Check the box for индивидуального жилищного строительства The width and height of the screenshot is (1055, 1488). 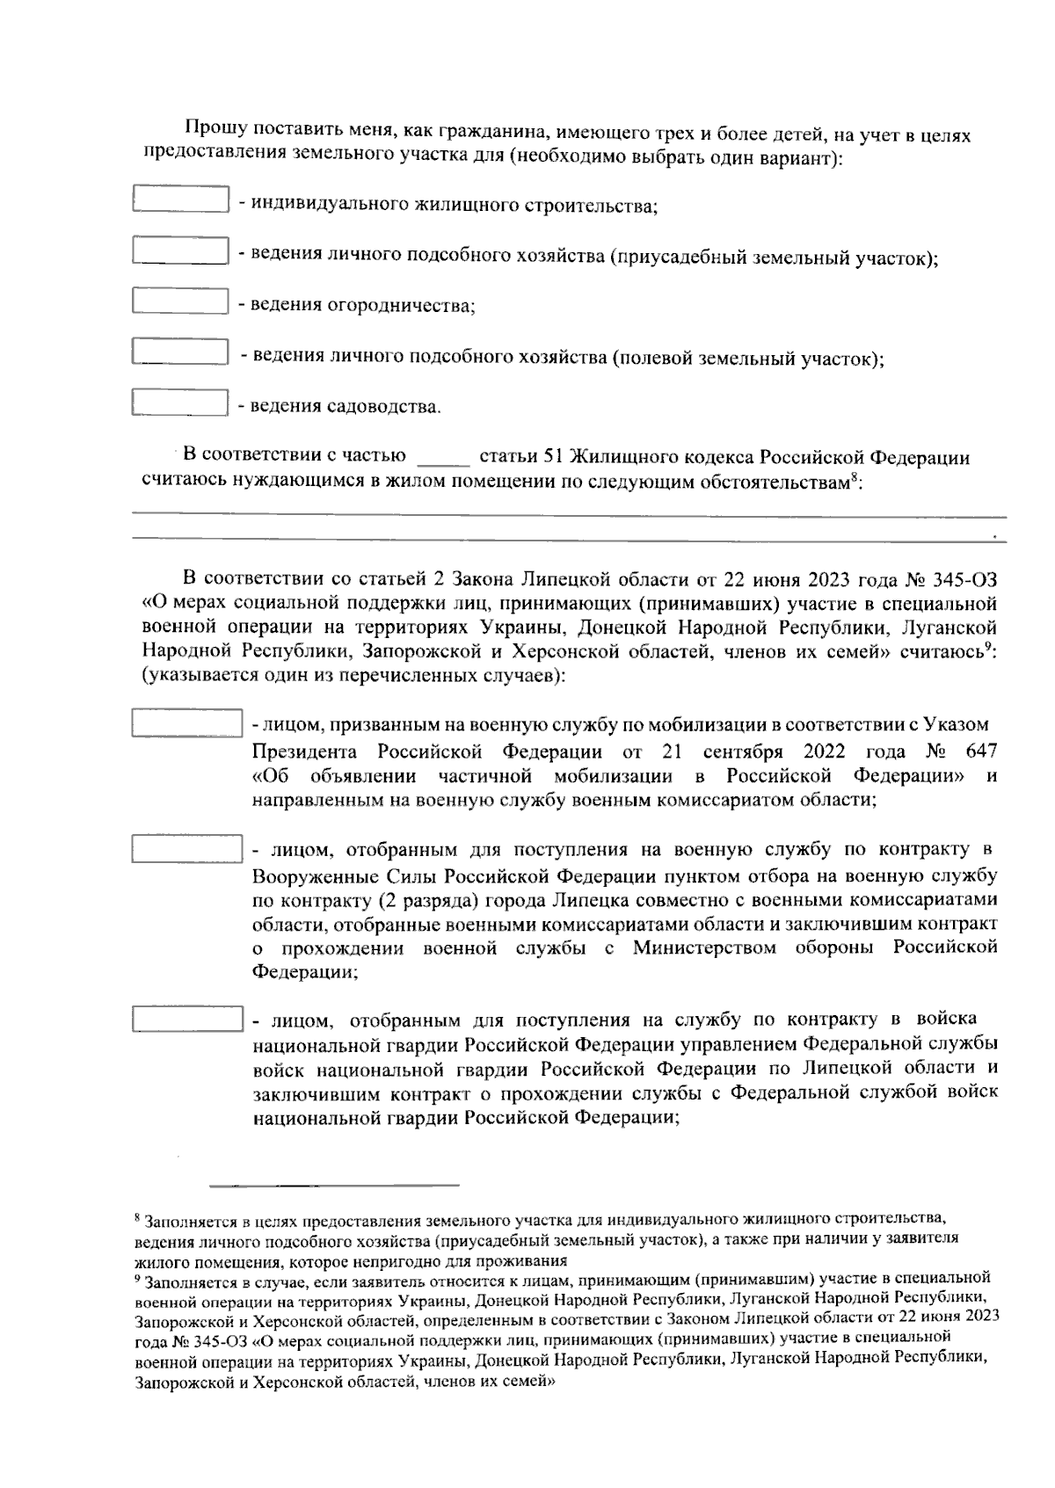tap(180, 200)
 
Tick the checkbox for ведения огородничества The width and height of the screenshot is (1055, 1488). tap(180, 301)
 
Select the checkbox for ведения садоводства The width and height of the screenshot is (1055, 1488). tap(180, 403)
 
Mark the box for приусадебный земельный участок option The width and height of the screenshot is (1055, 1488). tap(180, 250)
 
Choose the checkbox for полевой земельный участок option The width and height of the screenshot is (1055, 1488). tap(180, 352)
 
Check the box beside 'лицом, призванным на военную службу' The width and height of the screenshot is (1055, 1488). tap(186, 724)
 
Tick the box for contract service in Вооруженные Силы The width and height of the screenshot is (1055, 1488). tap(186, 849)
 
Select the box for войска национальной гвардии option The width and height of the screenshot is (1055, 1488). tap(186, 1020)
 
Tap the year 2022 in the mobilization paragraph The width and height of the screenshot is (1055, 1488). tap(824, 752)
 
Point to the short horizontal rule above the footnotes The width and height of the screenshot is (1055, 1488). tap(340, 1185)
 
